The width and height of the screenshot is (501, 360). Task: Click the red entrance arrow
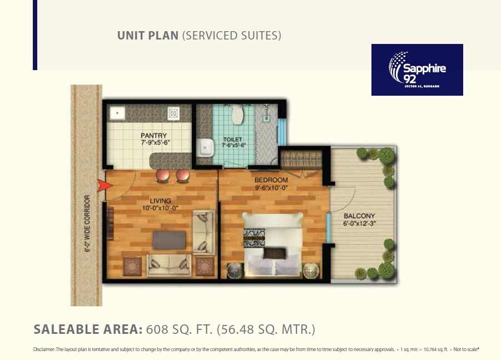pos(102,186)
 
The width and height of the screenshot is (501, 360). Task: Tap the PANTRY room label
pos(153,135)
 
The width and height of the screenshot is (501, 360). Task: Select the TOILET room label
pos(234,139)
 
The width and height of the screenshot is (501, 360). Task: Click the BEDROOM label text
pos(271,180)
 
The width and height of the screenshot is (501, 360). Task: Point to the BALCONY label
pos(359,216)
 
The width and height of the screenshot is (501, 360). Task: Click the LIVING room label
pos(160,201)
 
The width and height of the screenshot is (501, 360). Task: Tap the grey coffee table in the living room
pos(170,240)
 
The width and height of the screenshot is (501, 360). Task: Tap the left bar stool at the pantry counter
pos(162,175)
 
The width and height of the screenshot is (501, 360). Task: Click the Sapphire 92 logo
pos(417,70)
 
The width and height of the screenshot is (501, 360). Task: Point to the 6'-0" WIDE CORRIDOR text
pos(87,223)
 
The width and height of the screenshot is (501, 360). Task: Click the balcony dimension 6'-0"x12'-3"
pos(359,224)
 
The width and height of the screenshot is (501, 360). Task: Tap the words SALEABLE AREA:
pos(88,329)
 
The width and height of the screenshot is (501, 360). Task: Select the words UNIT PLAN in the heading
pos(148,36)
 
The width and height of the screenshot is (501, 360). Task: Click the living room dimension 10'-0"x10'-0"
pos(160,208)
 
